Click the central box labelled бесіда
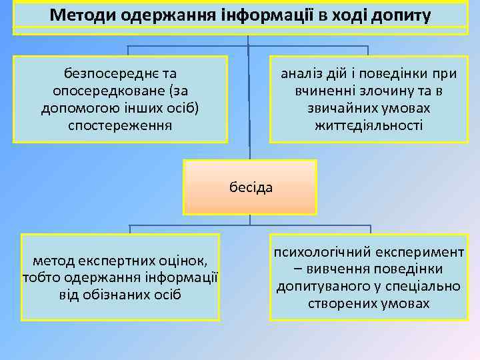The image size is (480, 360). click(251, 187)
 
